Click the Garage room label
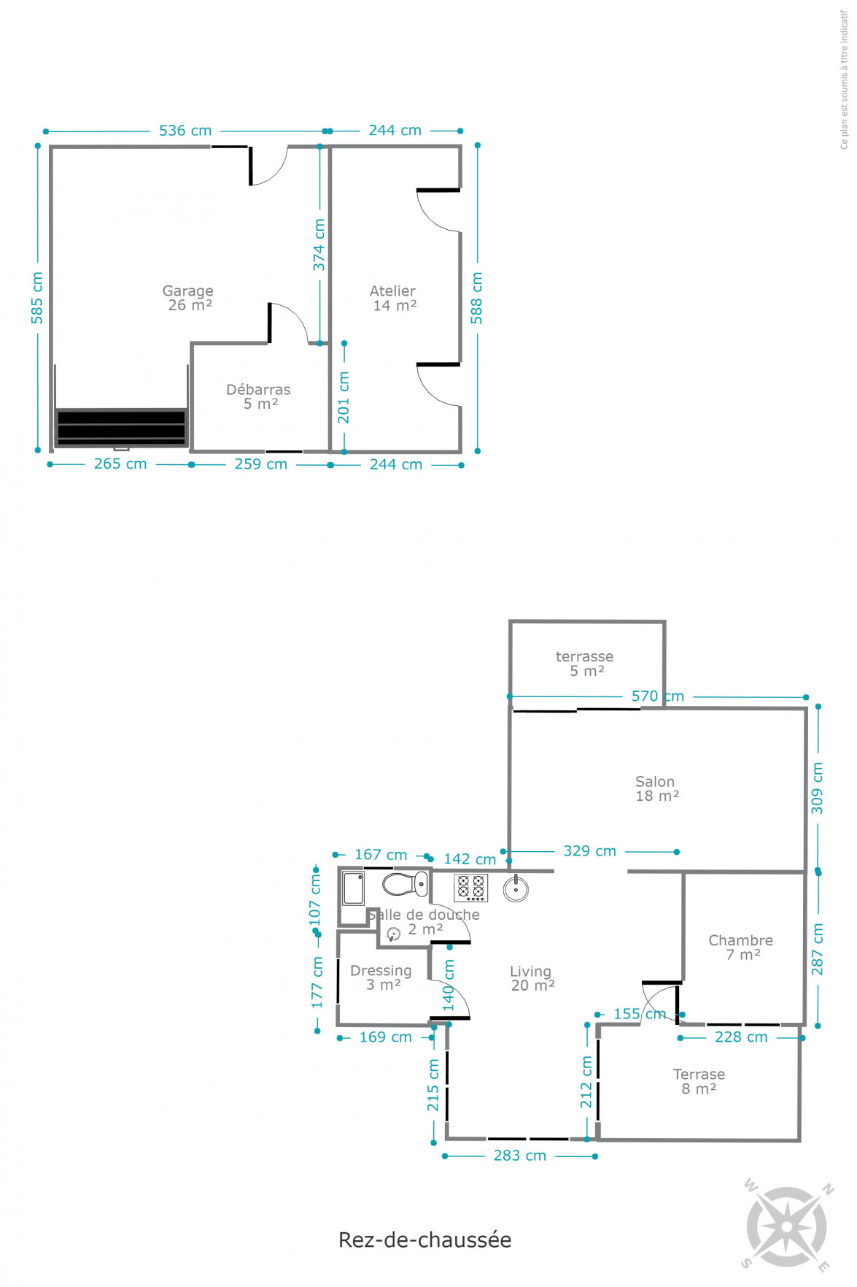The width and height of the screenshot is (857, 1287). (188, 298)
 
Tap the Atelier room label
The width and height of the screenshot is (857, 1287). (394, 298)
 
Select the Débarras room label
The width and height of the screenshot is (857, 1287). (259, 396)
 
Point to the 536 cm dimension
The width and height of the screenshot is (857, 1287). (185, 131)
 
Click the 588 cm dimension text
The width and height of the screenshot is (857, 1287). (476, 298)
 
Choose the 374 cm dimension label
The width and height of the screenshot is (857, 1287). (319, 245)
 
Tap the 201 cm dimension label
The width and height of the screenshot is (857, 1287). (344, 398)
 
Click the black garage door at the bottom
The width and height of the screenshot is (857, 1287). (121, 427)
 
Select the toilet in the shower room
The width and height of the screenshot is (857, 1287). (406, 884)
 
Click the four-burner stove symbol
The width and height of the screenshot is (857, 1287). (471, 888)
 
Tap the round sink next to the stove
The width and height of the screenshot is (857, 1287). (516, 888)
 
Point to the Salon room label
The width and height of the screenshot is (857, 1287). (656, 788)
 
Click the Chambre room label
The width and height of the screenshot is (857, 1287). (741, 948)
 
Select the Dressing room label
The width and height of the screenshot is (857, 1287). (381, 977)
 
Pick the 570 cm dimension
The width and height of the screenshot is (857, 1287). (658, 696)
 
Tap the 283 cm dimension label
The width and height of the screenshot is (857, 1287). (520, 1156)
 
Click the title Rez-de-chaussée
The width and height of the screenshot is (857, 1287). (425, 1240)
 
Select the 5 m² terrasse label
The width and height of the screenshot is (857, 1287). (585, 664)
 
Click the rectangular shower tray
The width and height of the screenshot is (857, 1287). (354, 888)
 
